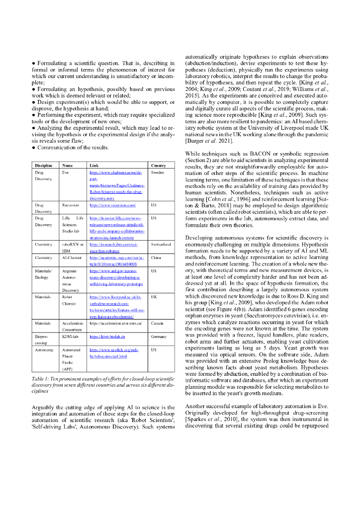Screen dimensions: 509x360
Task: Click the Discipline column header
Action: (x=44, y=165)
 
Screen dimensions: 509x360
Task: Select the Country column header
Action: (x=158, y=165)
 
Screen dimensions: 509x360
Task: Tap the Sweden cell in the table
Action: (x=157, y=171)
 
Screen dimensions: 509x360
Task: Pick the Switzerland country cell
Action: (x=161, y=245)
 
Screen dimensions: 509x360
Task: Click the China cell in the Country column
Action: (x=156, y=257)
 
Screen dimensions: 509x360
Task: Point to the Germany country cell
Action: (x=159, y=337)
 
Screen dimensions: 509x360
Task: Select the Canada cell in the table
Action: (x=157, y=323)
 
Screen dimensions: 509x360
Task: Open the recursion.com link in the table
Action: (x=112, y=204)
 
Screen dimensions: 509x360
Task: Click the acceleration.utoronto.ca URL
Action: (x=116, y=323)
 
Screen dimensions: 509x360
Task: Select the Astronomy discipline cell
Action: (x=44, y=350)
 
